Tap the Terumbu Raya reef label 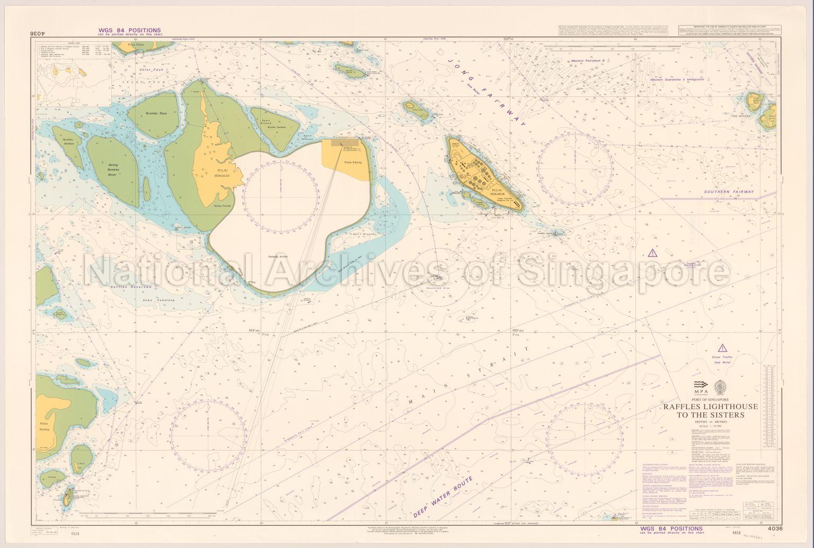(156, 113)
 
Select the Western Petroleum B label (591, 61)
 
